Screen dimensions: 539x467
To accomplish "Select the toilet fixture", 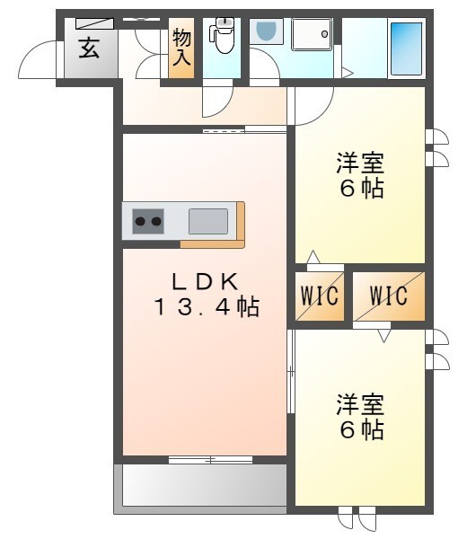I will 221,37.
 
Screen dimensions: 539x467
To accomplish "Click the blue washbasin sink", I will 266,33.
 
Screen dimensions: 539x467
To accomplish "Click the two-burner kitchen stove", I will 148,219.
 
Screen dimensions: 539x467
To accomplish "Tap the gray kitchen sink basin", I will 208,219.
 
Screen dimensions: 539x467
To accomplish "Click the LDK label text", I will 205,282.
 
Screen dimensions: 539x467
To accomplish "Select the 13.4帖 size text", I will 205,308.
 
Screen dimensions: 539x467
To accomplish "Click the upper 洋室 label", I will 360,164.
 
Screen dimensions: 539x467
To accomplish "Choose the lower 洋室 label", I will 360,404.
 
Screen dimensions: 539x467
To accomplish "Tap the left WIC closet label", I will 320,296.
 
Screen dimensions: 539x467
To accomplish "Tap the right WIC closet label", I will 388,296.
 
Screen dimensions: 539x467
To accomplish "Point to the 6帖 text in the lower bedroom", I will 360,430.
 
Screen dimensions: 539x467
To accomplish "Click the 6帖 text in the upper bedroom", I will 360,190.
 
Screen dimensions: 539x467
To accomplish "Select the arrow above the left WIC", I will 312,258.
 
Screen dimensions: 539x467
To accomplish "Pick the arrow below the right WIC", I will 384,336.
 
